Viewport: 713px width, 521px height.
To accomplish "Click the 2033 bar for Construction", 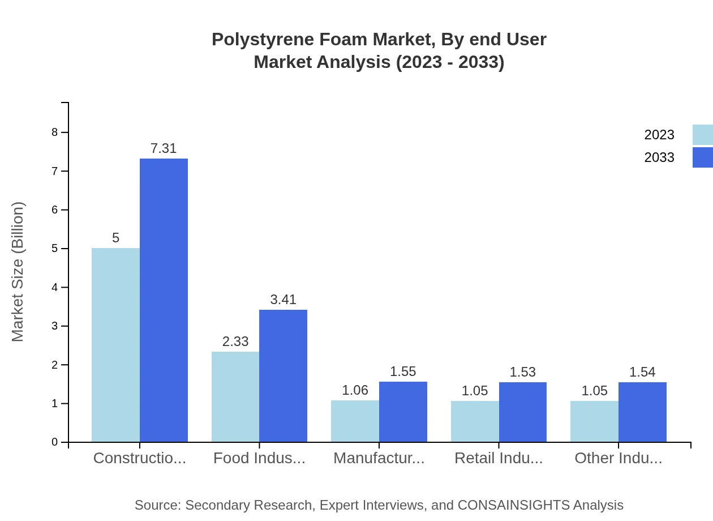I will click(x=164, y=300).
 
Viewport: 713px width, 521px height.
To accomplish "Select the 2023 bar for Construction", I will click(x=115, y=345).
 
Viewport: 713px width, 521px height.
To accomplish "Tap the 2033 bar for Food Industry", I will click(x=283, y=375).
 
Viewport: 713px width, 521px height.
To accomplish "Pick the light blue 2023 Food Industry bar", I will click(x=235, y=396).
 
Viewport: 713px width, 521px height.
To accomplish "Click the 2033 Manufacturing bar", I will click(x=403, y=412).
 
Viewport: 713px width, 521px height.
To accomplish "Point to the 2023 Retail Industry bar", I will click(x=475, y=421).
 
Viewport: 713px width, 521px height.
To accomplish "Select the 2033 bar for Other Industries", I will click(x=642, y=412).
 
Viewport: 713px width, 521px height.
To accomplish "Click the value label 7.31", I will click(x=164, y=148).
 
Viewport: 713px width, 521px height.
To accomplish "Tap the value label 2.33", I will click(x=235, y=341).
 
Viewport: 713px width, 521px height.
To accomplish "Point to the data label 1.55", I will click(x=403, y=371).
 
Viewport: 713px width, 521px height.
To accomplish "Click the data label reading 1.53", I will click(x=522, y=372).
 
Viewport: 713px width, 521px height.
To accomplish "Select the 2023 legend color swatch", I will click(x=702, y=135).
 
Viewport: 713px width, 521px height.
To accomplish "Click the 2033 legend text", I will click(x=659, y=157).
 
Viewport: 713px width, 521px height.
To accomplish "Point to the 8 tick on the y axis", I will click(x=55, y=133).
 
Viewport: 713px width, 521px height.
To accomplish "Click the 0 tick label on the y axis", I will click(x=55, y=442).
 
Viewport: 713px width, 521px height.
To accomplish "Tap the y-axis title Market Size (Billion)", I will click(x=18, y=272).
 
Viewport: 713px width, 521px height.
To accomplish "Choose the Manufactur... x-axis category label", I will click(x=379, y=458).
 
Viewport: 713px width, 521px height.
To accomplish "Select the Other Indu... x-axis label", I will click(x=618, y=458).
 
